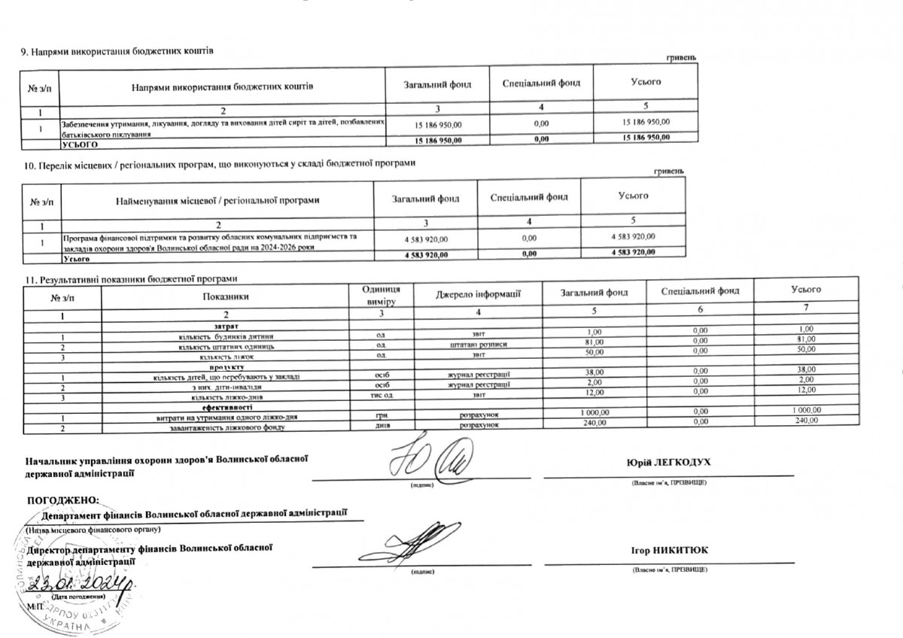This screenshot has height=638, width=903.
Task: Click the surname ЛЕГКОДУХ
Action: pos(680,462)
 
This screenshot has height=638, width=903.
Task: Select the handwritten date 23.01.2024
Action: pos(81,584)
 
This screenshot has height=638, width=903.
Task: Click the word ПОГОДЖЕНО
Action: pos(63,500)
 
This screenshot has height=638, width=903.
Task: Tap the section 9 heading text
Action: pos(117,50)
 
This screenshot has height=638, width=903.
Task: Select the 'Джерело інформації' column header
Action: pos(479,293)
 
